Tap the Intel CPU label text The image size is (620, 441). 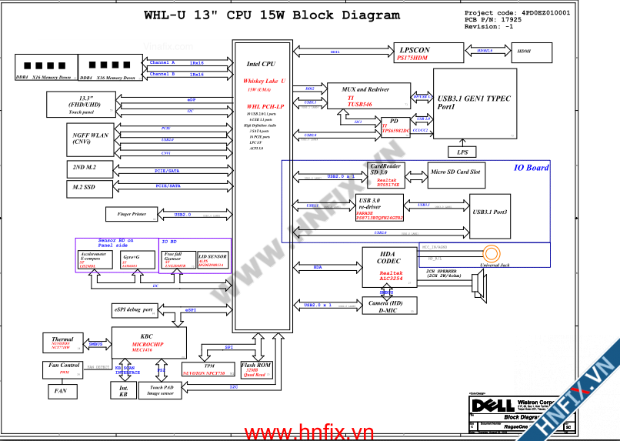[x=261, y=65]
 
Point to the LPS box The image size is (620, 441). [x=462, y=152]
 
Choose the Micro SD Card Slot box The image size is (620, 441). [x=455, y=174]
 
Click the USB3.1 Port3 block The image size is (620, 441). [x=490, y=212]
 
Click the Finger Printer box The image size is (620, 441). [x=132, y=214]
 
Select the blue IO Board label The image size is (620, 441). [x=531, y=168]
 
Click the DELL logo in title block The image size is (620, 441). [x=486, y=405]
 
